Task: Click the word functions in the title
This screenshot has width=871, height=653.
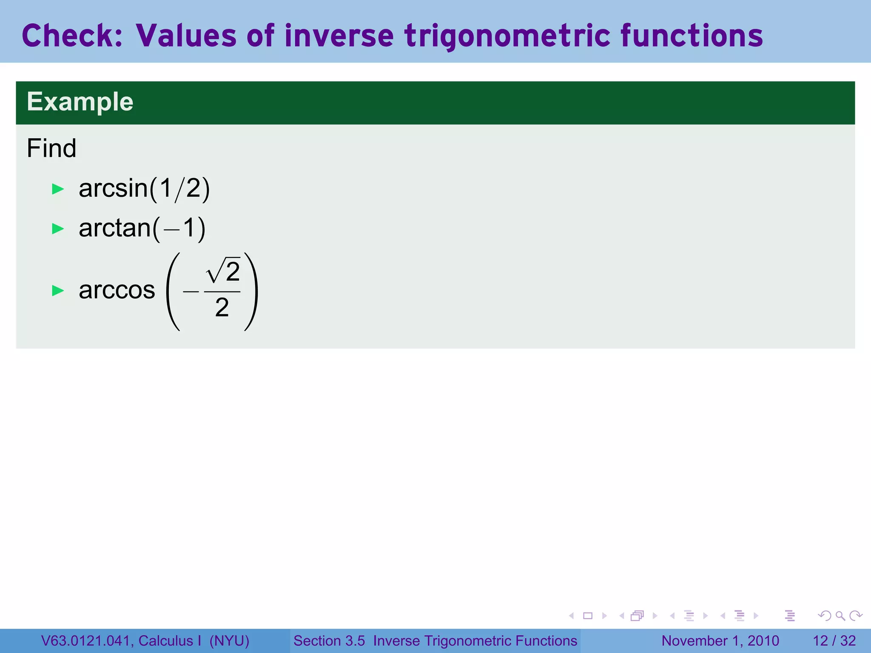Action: click(692, 36)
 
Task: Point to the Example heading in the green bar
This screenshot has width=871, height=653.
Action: click(80, 102)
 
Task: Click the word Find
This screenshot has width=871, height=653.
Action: click(51, 148)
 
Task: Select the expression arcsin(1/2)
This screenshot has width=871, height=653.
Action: click(144, 189)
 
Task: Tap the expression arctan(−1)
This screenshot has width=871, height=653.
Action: click(142, 228)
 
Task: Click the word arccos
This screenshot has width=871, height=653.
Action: click(117, 291)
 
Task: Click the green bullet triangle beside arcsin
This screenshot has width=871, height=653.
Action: click(58, 189)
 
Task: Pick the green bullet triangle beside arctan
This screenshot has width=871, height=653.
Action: click(58, 229)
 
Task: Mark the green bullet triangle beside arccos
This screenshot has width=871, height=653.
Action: click(58, 291)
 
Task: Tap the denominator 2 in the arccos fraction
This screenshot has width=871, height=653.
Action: click(222, 308)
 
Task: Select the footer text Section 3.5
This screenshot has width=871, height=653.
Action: click(329, 641)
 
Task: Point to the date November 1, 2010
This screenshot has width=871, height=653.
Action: click(720, 641)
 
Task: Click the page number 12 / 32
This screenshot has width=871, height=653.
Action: click(834, 641)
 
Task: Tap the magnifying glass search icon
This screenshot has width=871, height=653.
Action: click(840, 616)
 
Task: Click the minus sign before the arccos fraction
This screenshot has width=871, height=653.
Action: click(191, 292)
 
